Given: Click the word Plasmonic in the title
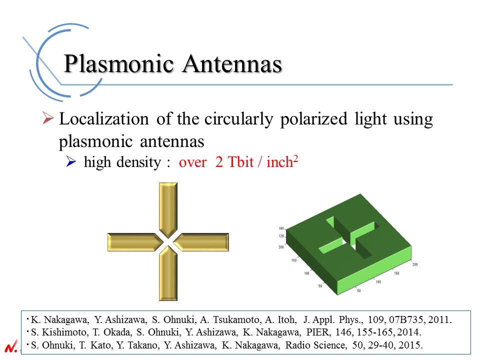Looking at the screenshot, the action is pos(119,64).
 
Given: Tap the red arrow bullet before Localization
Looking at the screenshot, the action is pos(48,118).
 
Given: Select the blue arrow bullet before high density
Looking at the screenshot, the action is pos(71,161).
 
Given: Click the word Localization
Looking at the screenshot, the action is pos(104,119).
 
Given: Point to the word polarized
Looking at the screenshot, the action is pos(314,119).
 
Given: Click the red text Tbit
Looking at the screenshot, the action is pos(240,162).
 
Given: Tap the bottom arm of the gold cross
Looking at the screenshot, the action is pos(168,273).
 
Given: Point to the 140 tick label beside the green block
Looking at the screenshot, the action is pos(281,228).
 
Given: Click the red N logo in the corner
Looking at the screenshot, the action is pos(11,346).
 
